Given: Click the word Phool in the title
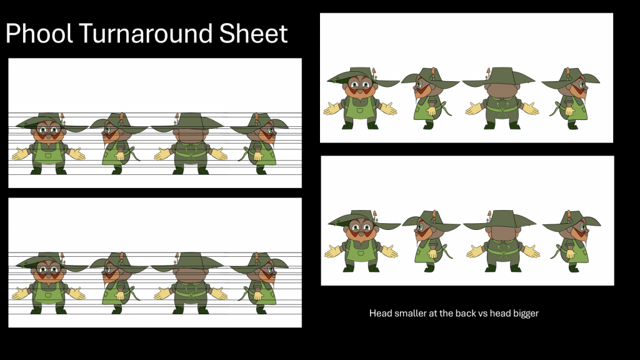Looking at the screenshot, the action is (x=39, y=33).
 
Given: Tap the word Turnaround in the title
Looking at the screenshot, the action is (x=146, y=33).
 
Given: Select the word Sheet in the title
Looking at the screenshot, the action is (x=254, y=33).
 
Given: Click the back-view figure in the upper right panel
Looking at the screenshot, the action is (x=499, y=98).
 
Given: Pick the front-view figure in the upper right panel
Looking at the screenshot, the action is (x=362, y=98).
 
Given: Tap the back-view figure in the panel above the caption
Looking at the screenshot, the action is (x=501, y=241).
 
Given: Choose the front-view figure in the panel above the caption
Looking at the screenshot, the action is (x=363, y=241).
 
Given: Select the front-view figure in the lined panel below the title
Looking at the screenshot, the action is (x=50, y=144).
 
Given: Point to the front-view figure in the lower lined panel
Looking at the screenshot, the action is (x=50, y=283).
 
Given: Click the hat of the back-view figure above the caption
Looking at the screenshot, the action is (x=500, y=219).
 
